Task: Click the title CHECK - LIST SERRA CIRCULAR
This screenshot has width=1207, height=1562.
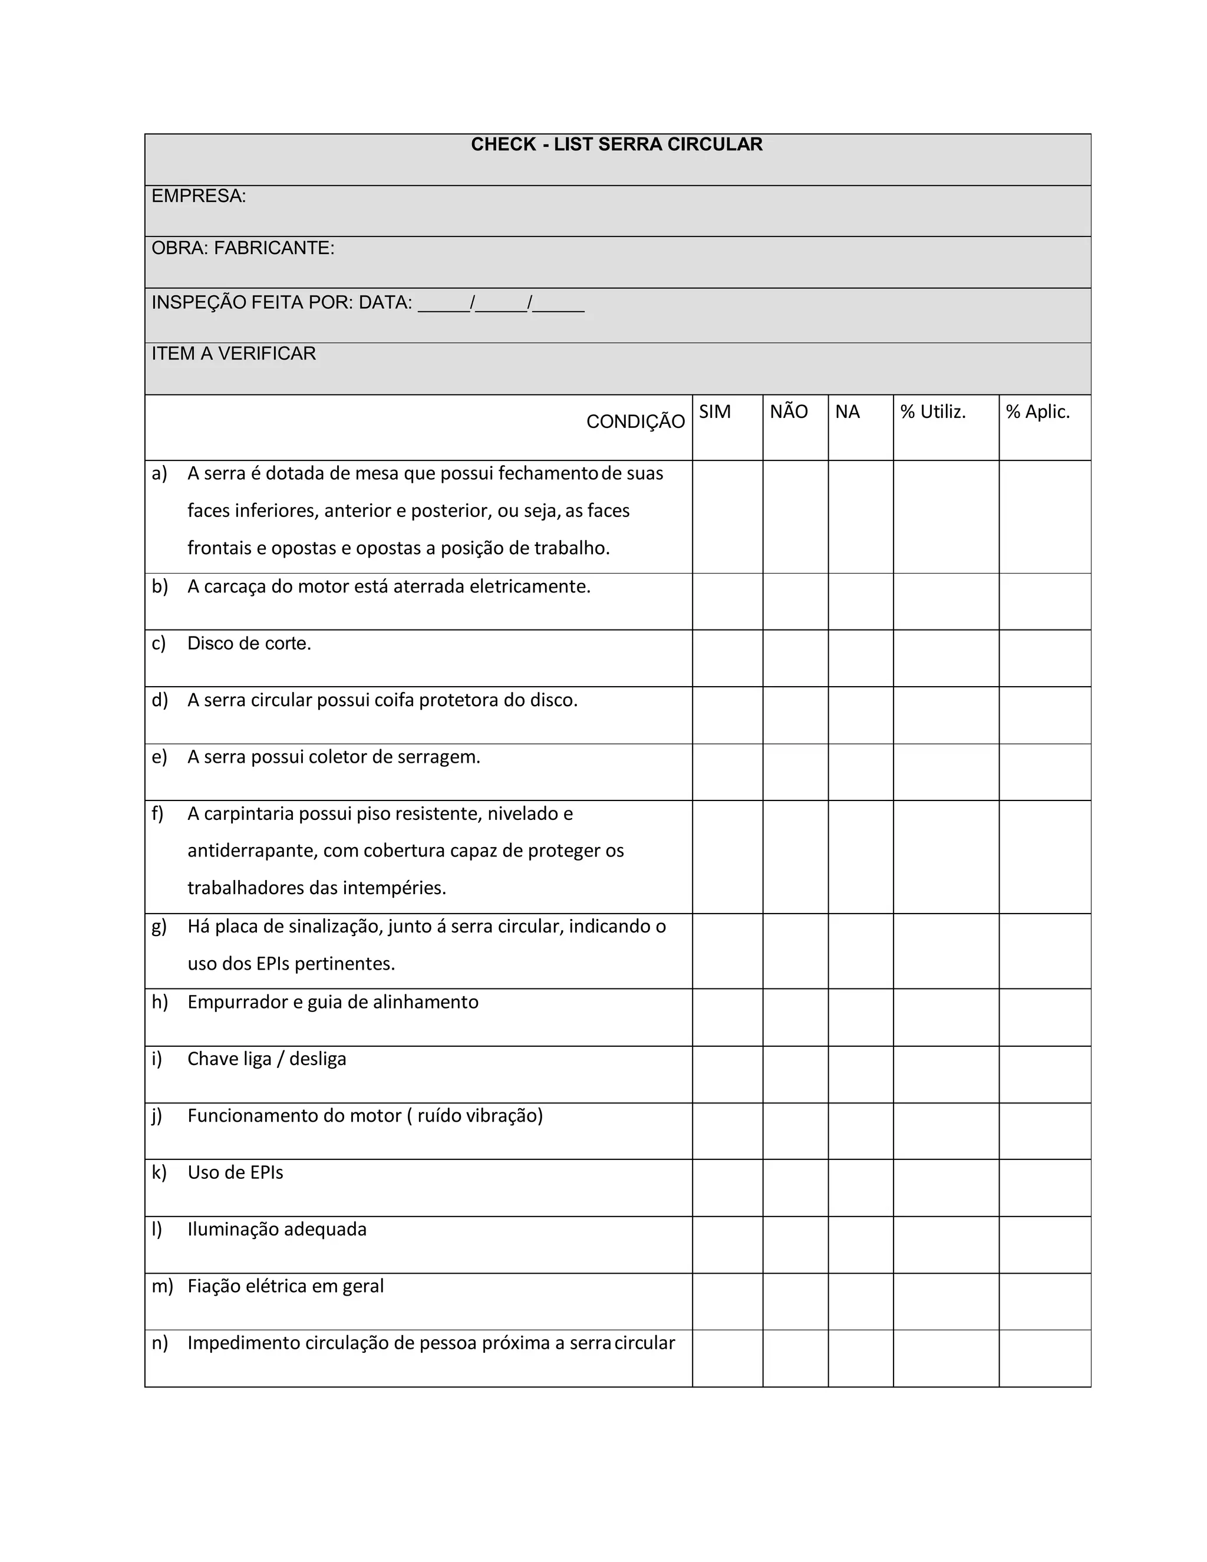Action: [616, 144]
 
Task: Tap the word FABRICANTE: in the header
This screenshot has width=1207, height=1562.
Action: [274, 248]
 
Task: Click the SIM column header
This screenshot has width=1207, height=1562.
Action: [714, 412]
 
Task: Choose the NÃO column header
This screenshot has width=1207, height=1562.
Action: [788, 412]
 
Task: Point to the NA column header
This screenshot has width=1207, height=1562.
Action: [847, 412]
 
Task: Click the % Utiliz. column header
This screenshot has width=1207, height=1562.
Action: [932, 412]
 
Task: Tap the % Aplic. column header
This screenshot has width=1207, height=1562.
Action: [1037, 412]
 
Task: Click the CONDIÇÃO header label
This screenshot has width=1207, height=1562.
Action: [635, 422]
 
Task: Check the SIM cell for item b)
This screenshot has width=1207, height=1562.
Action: [727, 601]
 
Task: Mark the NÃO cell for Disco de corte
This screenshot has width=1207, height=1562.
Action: [795, 658]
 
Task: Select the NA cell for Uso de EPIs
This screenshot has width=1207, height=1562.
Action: [860, 1188]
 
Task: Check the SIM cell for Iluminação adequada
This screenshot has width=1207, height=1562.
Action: [727, 1244]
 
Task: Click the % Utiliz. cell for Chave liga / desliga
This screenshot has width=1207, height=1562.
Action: [945, 1074]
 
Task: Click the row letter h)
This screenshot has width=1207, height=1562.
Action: [160, 1002]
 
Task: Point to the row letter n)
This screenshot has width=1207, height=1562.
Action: [160, 1343]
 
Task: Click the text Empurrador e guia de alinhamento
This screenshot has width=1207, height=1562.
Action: [332, 1002]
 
